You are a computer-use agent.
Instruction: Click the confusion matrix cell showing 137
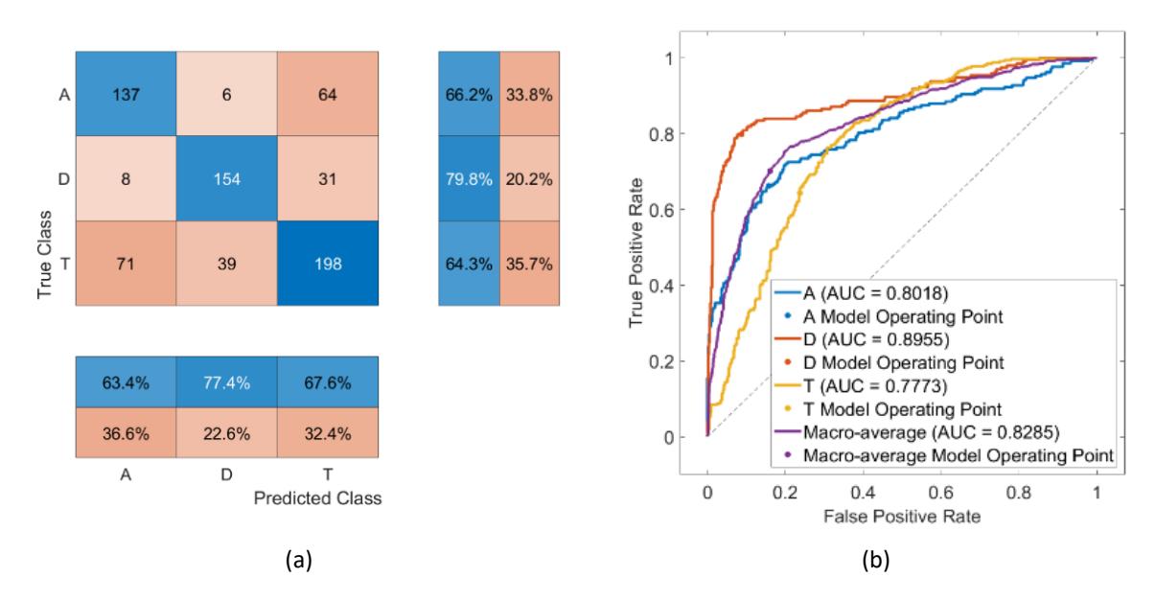click(x=126, y=93)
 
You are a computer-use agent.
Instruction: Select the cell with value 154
click(x=227, y=178)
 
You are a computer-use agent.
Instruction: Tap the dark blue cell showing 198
click(x=328, y=264)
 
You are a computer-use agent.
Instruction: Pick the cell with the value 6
click(x=227, y=93)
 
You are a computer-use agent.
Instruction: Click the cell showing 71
click(x=126, y=264)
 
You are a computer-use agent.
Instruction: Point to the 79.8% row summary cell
click(x=470, y=178)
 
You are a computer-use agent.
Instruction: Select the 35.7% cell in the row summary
click(x=529, y=264)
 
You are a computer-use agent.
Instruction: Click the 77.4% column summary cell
click(x=227, y=381)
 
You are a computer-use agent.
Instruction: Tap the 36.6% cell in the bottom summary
click(x=126, y=433)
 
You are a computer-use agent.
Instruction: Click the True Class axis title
click(x=44, y=254)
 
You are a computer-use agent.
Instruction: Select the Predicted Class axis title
click(x=317, y=498)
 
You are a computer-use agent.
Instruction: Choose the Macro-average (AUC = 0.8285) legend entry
click(x=917, y=432)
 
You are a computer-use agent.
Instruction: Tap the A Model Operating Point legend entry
click(x=893, y=316)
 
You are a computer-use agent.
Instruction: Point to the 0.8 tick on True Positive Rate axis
click(x=660, y=134)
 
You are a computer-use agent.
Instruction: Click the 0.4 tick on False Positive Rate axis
click(x=863, y=493)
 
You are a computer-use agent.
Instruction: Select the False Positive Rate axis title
click(x=902, y=516)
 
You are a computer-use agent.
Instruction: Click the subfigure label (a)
click(x=299, y=560)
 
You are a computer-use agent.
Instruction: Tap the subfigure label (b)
click(x=876, y=560)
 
